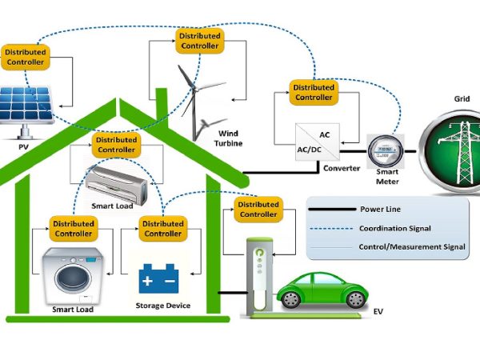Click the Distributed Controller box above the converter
(x=313, y=92)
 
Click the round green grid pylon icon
(x=451, y=152)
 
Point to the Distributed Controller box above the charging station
(x=258, y=209)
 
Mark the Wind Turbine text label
(x=228, y=138)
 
